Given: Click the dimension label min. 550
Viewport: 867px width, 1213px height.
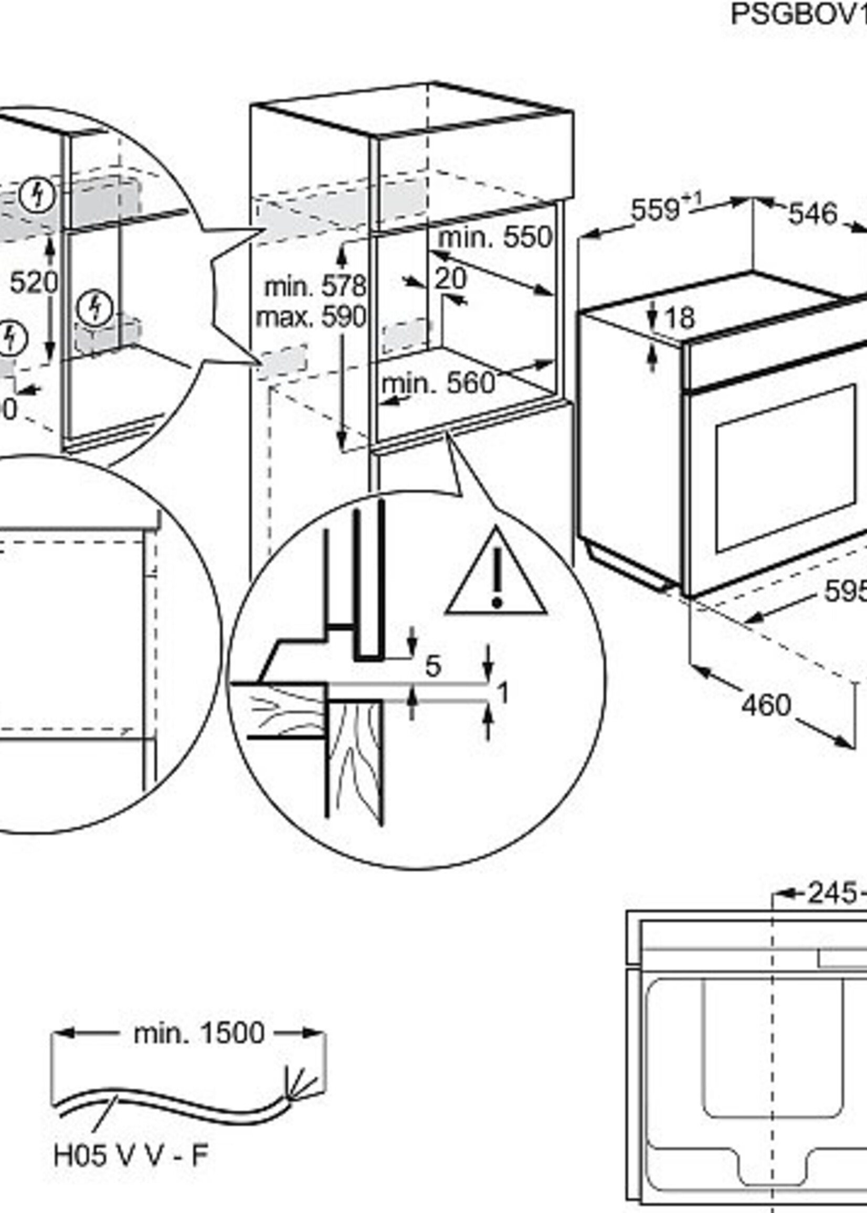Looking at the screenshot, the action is [x=495, y=238].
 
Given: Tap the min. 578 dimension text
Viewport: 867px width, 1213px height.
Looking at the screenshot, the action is [x=315, y=287].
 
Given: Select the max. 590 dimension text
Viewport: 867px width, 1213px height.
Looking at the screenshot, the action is [x=311, y=317].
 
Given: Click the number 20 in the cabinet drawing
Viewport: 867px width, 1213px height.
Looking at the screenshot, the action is [x=450, y=278].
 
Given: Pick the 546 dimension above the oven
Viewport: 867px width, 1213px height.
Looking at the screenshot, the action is [x=812, y=214].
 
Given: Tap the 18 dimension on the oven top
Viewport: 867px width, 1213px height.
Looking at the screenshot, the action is [x=680, y=318].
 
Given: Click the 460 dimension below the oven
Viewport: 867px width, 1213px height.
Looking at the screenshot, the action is [x=766, y=705].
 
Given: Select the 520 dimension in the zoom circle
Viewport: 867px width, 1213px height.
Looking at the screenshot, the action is [x=34, y=282].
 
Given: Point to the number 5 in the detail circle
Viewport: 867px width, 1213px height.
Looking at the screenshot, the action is [x=433, y=666].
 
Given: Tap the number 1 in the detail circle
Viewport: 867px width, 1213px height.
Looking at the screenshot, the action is [x=502, y=693].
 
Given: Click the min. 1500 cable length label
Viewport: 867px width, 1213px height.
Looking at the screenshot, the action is [x=198, y=1033].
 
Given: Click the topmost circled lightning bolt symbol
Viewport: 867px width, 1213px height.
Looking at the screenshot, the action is [x=37, y=195].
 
